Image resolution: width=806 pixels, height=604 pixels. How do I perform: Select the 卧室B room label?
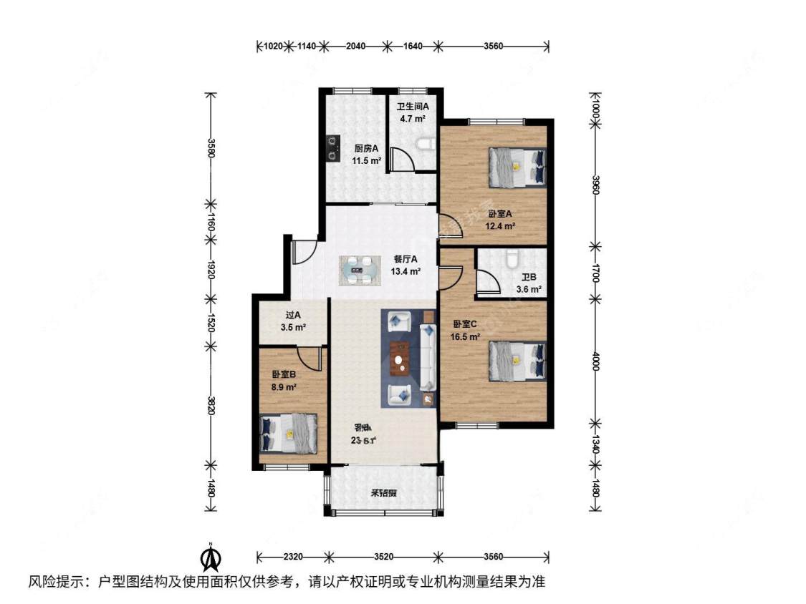(284, 374)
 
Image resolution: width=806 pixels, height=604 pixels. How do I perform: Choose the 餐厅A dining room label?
(405, 260)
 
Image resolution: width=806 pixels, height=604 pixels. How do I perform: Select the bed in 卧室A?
(517, 166)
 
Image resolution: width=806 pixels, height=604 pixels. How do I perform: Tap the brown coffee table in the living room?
(400, 359)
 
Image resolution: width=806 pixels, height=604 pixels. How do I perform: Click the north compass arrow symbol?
(210, 556)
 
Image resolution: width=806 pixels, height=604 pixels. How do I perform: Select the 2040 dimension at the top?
(355, 47)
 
